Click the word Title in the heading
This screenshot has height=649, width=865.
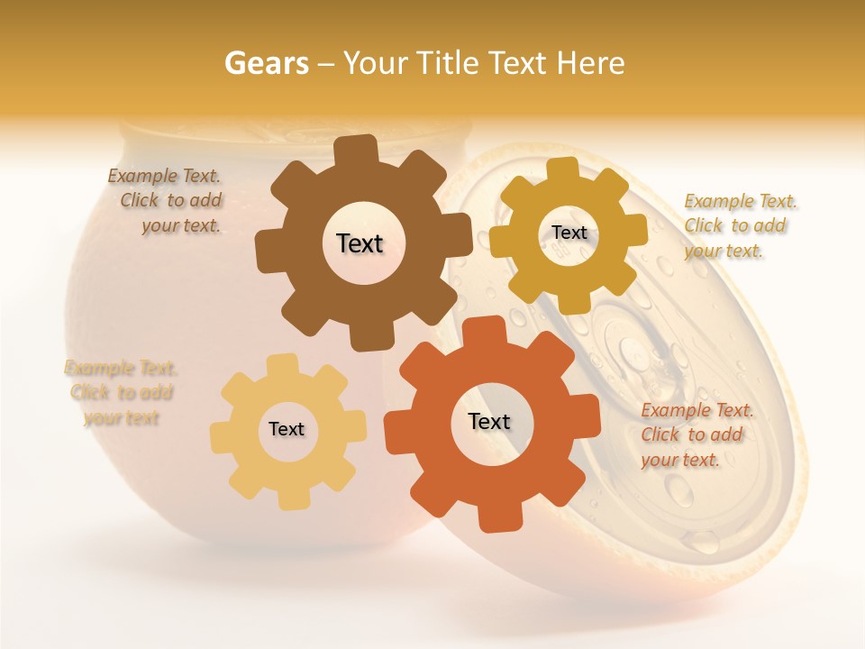tap(448, 63)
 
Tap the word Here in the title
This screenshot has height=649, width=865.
tap(590, 63)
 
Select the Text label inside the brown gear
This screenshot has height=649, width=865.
tap(360, 243)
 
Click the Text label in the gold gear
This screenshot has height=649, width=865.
tap(569, 233)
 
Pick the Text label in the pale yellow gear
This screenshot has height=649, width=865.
tap(287, 429)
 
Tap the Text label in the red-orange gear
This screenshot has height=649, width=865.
tap(489, 421)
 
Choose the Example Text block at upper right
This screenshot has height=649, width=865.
tap(739, 225)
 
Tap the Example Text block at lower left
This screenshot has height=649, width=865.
tap(121, 393)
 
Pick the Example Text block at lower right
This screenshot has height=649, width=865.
tap(696, 434)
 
